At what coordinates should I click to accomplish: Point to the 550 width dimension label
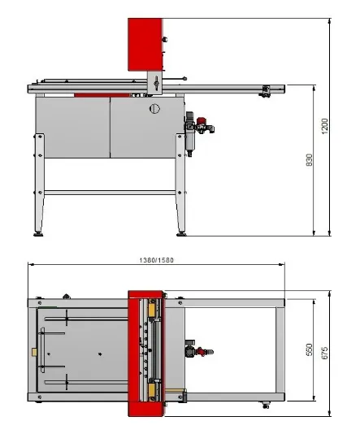pyautogui.click(x=309, y=349)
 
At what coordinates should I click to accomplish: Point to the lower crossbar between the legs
pyautogui.click(x=110, y=193)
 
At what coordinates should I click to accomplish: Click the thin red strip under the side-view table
pyautogui.click(x=89, y=94)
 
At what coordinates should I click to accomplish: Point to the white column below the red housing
pyautogui.click(x=154, y=81)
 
